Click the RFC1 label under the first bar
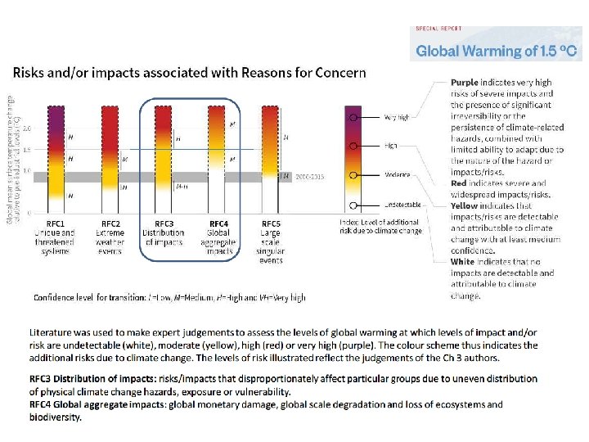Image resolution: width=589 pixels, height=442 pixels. (x=56, y=223)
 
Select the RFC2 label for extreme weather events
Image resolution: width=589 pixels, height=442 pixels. (x=110, y=223)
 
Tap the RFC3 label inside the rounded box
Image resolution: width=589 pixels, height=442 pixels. (x=164, y=223)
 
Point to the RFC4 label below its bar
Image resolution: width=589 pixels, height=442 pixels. (x=218, y=223)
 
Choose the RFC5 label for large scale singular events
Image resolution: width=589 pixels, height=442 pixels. (x=272, y=223)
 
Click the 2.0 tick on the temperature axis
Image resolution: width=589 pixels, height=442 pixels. (x=27, y=129)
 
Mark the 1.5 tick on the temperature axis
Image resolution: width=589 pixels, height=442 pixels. (x=27, y=151)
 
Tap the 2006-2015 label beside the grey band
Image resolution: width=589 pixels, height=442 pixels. (x=310, y=176)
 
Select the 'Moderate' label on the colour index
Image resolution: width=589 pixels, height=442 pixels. (x=396, y=175)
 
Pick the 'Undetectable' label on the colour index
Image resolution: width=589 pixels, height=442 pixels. (x=400, y=205)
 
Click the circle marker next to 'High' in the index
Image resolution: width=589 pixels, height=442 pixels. (x=353, y=146)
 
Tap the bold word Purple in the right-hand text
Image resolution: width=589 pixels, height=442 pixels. (x=464, y=83)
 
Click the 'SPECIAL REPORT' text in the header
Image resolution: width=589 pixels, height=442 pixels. (x=440, y=29)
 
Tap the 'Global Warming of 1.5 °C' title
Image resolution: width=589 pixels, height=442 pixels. (x=497, y=51)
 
